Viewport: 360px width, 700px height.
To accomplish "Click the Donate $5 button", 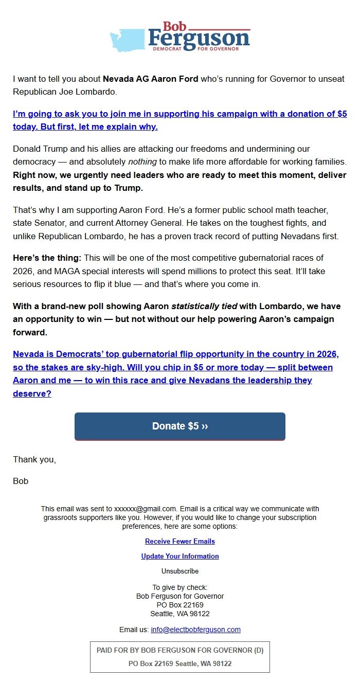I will [179, 426].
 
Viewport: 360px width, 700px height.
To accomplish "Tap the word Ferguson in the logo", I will [199, 38].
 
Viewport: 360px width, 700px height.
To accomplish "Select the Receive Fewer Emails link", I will [180, 542].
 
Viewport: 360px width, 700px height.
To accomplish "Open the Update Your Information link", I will [180, 557].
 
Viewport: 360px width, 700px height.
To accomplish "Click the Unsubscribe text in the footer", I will [180, 571].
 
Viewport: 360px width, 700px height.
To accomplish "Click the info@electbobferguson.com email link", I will [195, 630].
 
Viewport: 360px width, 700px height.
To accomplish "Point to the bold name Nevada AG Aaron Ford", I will [150, 79].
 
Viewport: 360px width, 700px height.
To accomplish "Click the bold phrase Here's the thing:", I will [47, 258].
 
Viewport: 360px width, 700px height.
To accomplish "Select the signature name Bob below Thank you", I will [21, 481].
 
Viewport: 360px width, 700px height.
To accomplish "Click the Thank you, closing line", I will [34, 460].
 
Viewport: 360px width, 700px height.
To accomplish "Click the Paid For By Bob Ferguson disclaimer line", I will [180, 651].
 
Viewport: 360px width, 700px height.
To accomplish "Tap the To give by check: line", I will [180, 587].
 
